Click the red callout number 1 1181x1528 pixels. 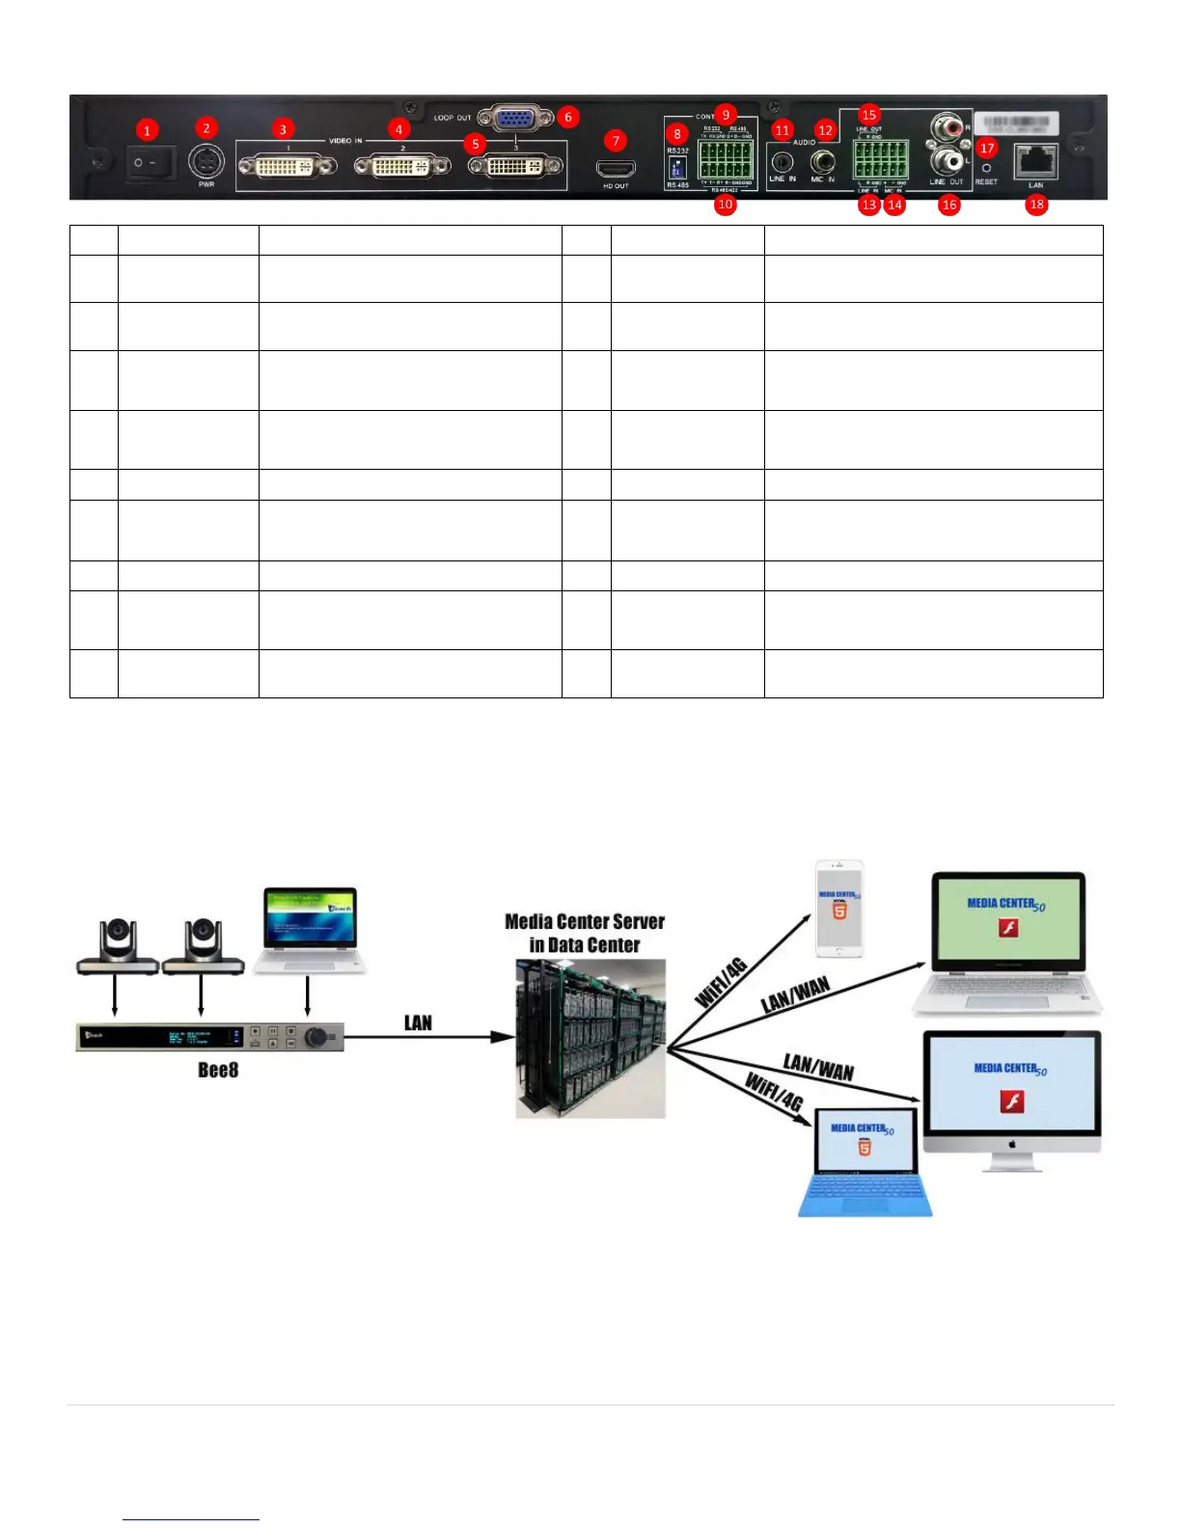tap(146, 129)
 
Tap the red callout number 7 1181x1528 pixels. tap(616, 141)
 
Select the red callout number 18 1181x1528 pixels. tap(1036, 205)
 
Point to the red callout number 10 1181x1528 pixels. tap(725, 205)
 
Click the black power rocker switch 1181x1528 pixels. tap(151, 163)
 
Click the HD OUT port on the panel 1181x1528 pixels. tap(616, 170)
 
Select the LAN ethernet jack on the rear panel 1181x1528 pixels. tap(1036, 161)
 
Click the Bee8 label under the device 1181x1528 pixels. tap(217, 1070)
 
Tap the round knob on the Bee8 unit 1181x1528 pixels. tap(316, 1038)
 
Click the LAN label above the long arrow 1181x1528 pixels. tap(418, 1023)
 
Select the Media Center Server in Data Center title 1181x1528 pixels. tap(585, 933)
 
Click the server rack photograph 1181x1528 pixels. tap(590, 1039)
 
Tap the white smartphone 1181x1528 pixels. tap(838, 909)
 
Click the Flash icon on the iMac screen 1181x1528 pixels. tap(1011, 1102)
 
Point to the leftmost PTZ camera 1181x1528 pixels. tap(117, 946)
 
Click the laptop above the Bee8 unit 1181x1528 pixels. tap(310, 930)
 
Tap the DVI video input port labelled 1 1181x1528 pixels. tap(287, 168)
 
